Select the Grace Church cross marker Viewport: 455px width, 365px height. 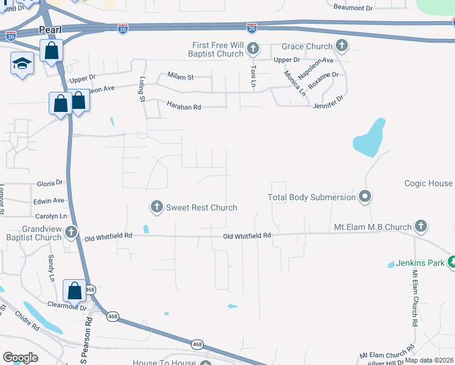pos(342,46)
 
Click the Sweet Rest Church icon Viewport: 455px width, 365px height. pos(156,207)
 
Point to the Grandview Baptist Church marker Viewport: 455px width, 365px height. pos(71,232)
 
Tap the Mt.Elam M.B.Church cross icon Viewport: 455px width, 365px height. pos(420,227)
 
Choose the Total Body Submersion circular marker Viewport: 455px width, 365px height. pos(365,196)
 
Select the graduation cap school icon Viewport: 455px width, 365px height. pos(22,64)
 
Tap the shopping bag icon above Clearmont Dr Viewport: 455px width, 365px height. pos(75,291)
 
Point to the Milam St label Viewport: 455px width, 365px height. pos(180,77)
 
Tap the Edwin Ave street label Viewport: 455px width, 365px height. pos(49,200)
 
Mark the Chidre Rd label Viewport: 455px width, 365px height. pos(27,320)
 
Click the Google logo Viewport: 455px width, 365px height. pos(20,358)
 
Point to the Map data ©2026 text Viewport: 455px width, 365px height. pos(429,360)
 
